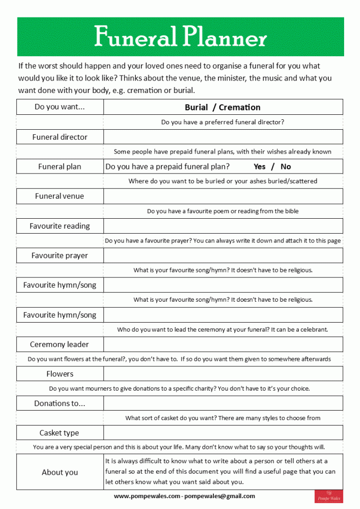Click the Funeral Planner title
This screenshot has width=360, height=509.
click(x=180, y=37)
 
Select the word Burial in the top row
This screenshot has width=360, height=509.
click(x=196, y=107)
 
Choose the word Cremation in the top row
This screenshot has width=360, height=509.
click(x=239, y=107)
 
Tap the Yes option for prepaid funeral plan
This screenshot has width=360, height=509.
click(x=260, y=167)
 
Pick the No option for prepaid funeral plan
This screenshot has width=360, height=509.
click(x=285, y=167)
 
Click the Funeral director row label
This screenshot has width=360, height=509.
click(x=60, y=137)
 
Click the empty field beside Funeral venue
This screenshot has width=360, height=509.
click(x=223, y=196)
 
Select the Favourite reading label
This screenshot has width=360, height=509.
click(x=60, y=226)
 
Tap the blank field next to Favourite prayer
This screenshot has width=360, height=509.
click(x=223, y=255)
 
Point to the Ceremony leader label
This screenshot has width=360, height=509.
click(x=60, y=344)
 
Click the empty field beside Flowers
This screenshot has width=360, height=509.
click(x=223, y=374)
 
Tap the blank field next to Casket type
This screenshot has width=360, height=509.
click(x=223, y=433)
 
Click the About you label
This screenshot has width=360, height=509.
click(x=60, y=472)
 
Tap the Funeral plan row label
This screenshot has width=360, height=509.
click(x=60, y=167)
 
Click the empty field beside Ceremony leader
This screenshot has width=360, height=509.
click(x=223, y=344)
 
